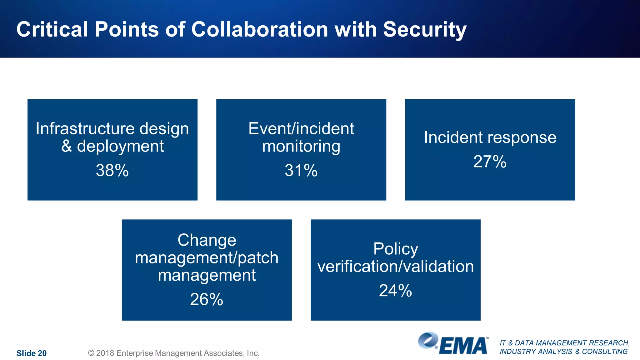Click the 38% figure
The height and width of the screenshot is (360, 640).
click(x=112, y=171)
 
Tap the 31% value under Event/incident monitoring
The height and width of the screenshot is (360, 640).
click(x=301, y=171)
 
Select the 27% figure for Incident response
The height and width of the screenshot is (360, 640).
click(x=490, y=162)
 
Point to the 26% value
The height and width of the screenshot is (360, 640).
click(x=207, y=299)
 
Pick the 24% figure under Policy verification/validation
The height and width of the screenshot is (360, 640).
click(x=395, y=291)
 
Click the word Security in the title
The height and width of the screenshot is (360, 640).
click(x=425, y=30)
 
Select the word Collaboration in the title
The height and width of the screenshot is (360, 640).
click(x=260, y=30)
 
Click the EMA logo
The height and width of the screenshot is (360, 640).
click(x=453, y=343)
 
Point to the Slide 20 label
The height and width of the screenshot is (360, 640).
click(x=32, y=353)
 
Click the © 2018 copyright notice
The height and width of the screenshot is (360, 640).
click(x=174, y=353)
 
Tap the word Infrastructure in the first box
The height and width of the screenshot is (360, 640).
click(x=85, y=129)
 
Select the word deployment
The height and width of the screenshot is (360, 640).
click(x=120, y=146)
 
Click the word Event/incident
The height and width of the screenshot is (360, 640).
click(x=301, y=129)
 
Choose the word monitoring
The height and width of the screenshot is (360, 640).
click(x=301, y=146)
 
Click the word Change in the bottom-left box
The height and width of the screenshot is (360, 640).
click(x=207, y=240)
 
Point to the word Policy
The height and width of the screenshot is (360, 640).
click(x=396, y=249)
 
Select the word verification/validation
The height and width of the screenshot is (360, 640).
click(x=396, y=267)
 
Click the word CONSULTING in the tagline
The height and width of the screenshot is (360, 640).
click(x=605, y=352)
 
